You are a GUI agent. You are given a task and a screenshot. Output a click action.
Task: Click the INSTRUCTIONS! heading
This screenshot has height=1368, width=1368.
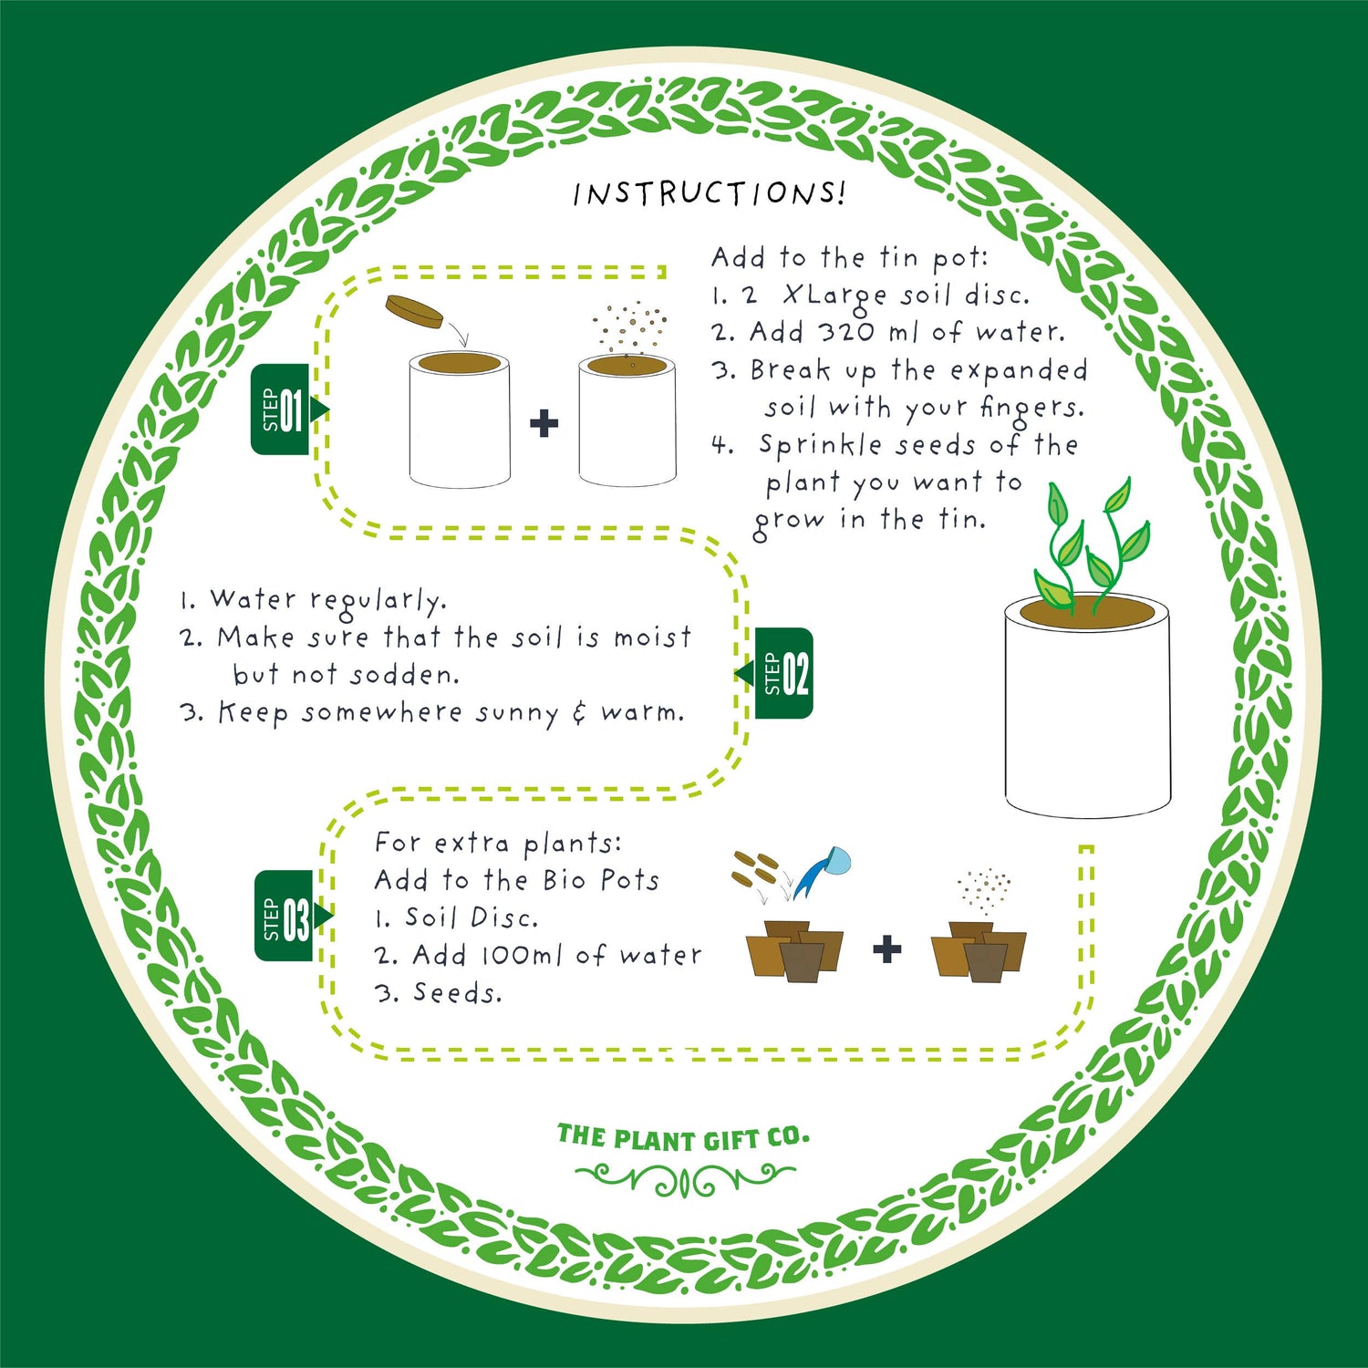pyautogui.click(x=710, y=193)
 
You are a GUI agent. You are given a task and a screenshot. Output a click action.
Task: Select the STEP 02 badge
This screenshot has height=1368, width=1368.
pyautogui.click(x=782, y=674)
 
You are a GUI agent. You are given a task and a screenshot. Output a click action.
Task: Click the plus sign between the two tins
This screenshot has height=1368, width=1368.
pyautogui.click(x=544, y=423)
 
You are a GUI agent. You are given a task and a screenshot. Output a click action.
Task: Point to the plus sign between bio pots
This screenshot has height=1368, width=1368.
pyautogui.click(x=886, y=949)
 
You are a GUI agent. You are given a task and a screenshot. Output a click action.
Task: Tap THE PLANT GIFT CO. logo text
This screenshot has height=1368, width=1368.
pyautogui.click(x=683, y=1138)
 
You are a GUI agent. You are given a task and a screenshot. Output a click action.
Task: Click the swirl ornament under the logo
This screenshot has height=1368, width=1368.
pyautogui.click(x=684, y=1180)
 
